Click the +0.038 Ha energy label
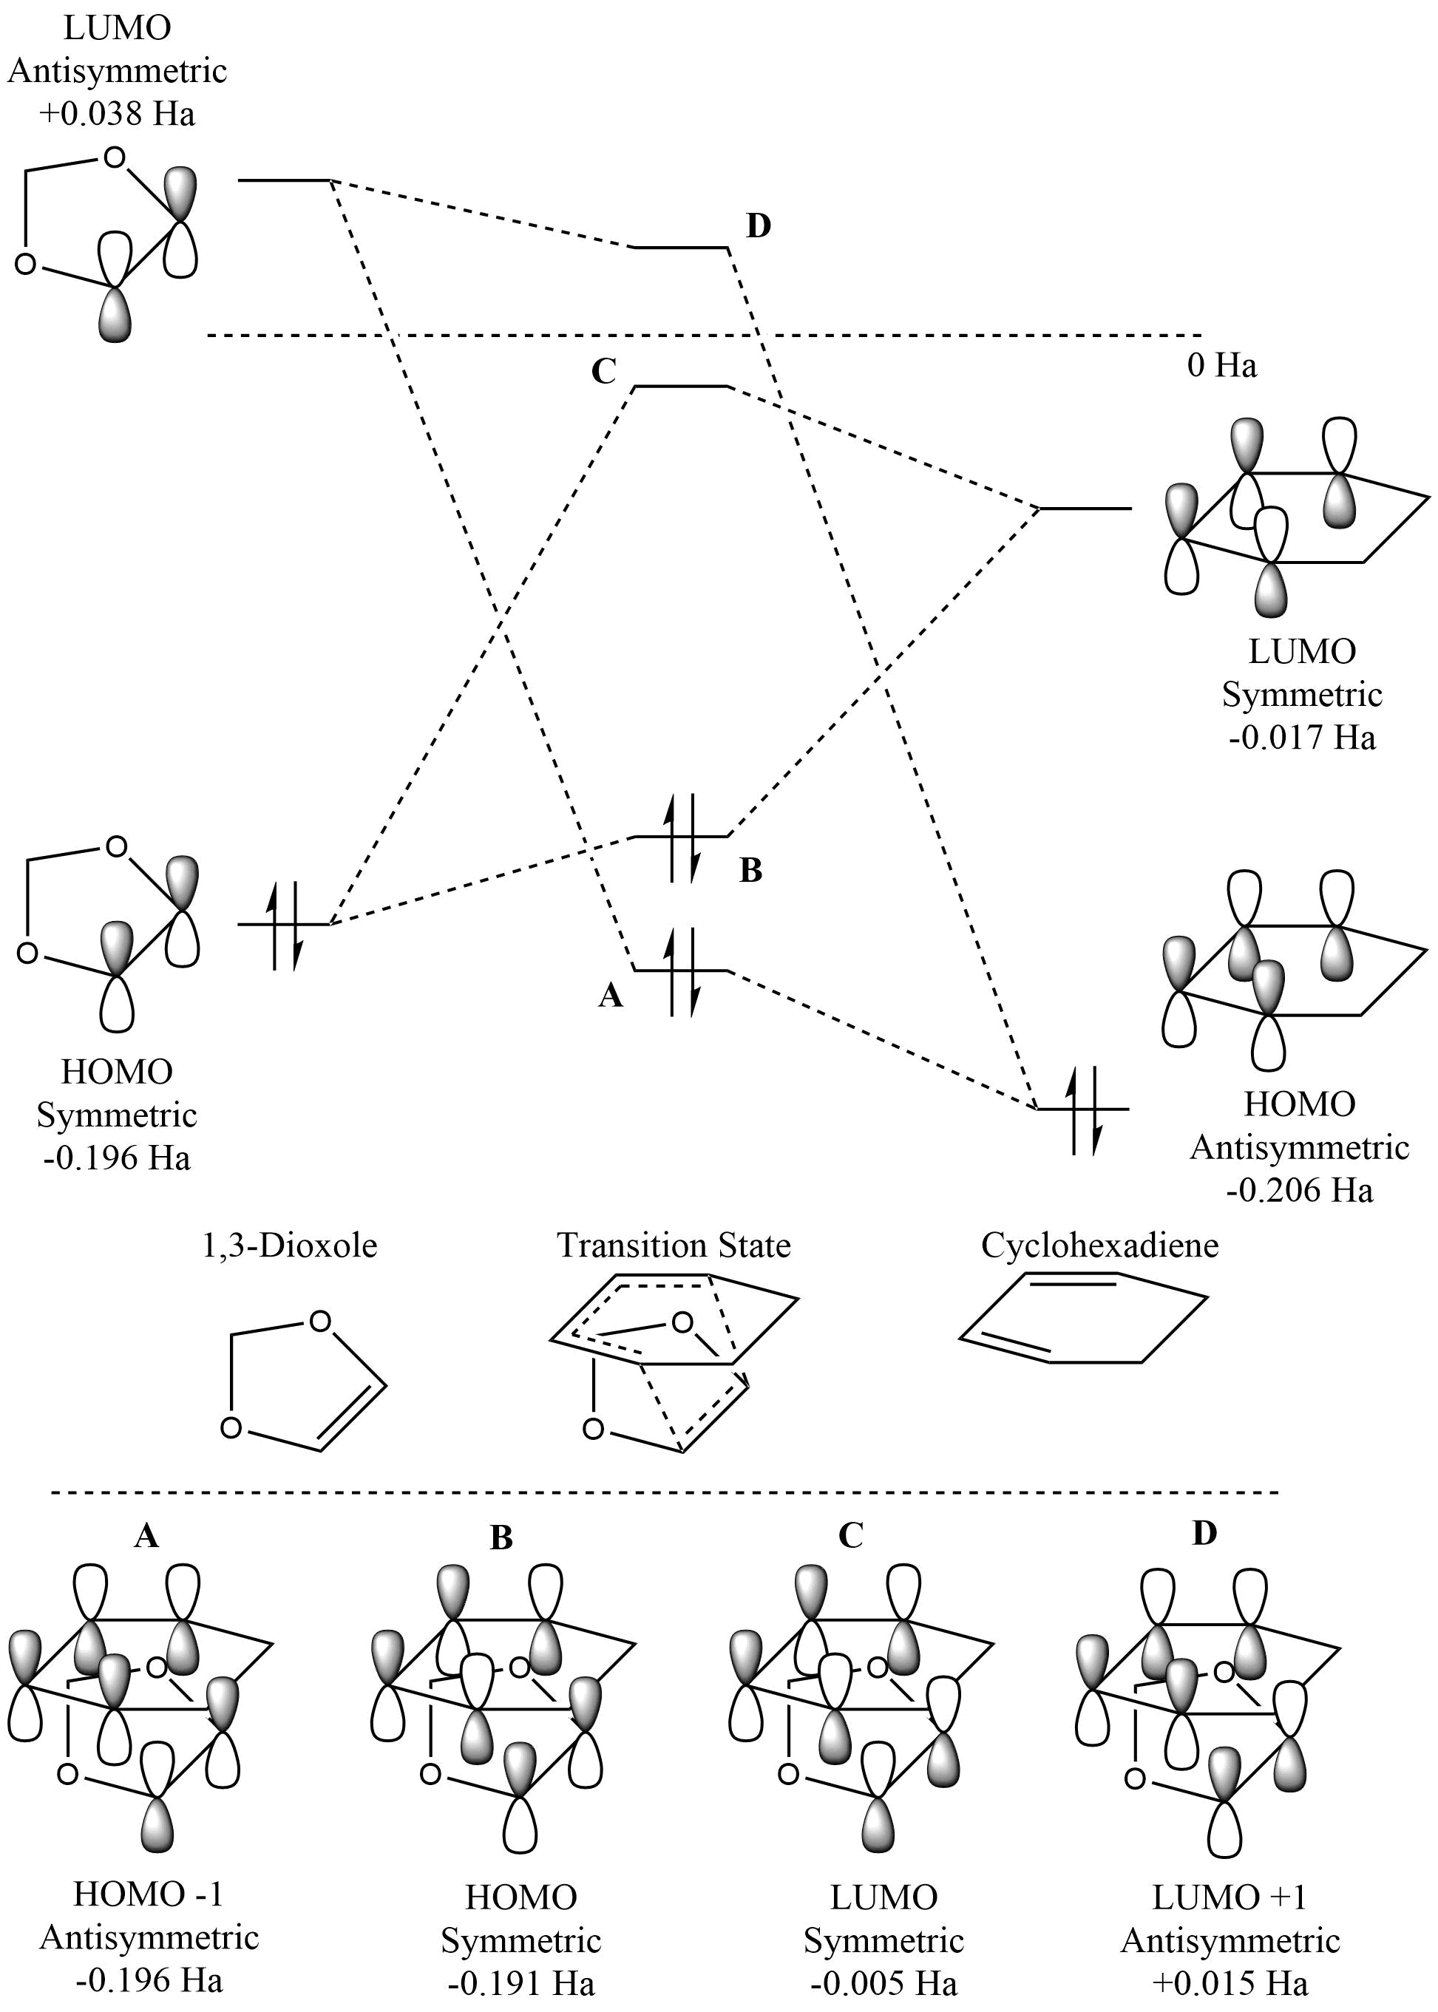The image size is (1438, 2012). coord(117,114)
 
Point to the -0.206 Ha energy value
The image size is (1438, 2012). coord(1299,1189)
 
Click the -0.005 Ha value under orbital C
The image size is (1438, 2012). coord(883,1982)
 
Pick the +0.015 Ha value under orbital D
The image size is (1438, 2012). coord(1230,1982)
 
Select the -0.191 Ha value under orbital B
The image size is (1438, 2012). coord(520,1982)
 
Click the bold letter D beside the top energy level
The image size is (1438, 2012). coord(758,227)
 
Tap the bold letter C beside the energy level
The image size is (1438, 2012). coord(603,372)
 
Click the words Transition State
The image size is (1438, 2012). coord(673,1246)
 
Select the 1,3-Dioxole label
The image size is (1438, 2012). coord(290,1246)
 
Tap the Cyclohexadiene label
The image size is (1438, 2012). coord(1099,1246)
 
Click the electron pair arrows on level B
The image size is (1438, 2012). coord(682,837)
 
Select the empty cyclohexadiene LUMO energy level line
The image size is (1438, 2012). coord(1085,509)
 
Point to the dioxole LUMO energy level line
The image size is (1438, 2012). coord(283,180)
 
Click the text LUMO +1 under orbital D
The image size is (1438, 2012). coord(1229,1897)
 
